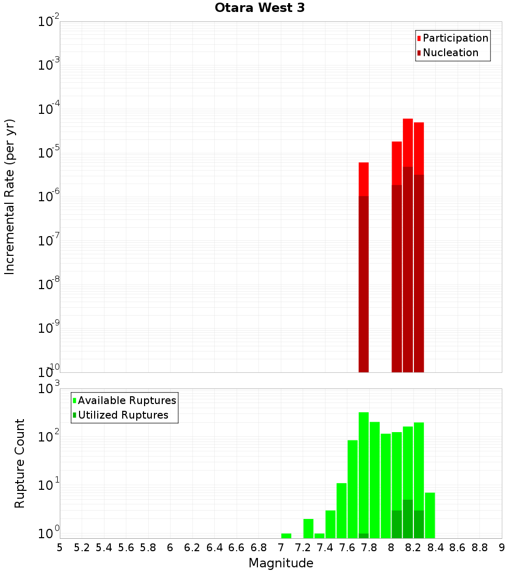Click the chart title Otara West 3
pyautogui.click(x=259, y=8)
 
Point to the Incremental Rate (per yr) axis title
pyautogui.click(x=10, y=197)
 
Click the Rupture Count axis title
pyautogui.click(x=20, y=463)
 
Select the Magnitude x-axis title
pyautogui.click(x=281, y=563)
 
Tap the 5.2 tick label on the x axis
pyautogui.click(x=82, y=548)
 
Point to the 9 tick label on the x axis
pyautogui.click(x=502, y=548)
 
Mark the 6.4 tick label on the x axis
pyautogui.click(x=214, y=548)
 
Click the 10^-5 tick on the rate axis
pyautogui.click(x=49, y=153)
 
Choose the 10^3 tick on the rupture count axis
pyautogui.click(x=49, y=389)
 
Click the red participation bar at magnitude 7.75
pyautogui.click(x=363, y=179)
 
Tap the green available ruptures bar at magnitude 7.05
pyautogui.click(x=286, y=536)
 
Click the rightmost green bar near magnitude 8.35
pyautogui.click(x=430, y=515)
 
